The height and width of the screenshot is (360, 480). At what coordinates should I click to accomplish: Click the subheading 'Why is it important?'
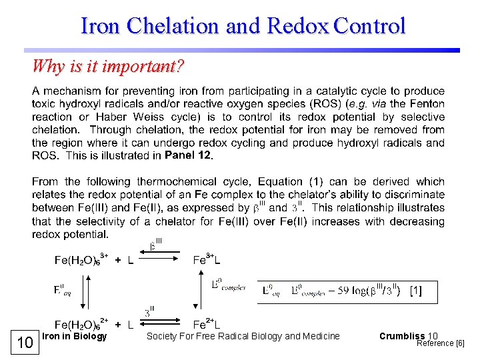pyautogui.click(x=109, y=67)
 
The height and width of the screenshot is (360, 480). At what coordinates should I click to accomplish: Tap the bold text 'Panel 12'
pyautogui.click(x=188, y=155)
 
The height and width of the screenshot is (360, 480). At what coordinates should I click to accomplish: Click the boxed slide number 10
pyautogui.click(x=25, y=343)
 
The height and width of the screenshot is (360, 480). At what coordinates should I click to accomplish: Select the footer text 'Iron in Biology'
pyautogui.click(x=74, y=336)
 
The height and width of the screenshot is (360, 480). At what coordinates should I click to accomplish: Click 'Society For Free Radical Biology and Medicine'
pyautogui.click(x=243, y=336)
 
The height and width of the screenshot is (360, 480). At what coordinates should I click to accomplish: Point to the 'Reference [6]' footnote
pyautogui.click(x=440, y=343)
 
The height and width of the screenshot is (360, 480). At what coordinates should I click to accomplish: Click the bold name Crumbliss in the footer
pyautogui.click(x=402, y=336)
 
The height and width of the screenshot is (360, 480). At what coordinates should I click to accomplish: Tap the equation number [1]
pyautogui.click(x=415, y=291)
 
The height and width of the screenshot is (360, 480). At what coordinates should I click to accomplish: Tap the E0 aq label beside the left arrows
pyautogui.click(x=62, y=290)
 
